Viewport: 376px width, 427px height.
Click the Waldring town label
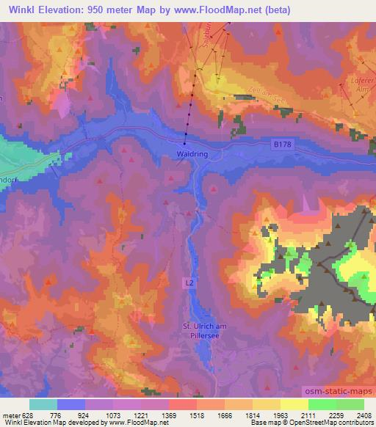click(191, 154)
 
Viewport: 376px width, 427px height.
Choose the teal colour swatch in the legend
click(43, 404)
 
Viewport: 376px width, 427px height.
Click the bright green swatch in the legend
click(322, 404)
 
